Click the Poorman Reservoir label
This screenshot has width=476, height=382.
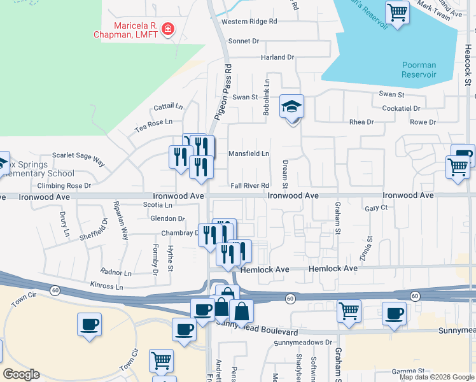[x=419, y=69]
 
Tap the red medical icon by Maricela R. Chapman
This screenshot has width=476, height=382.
[x=168, y=29]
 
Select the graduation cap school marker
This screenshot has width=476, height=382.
[x=292, y=106]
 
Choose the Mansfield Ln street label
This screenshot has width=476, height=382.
[x=249, y=153]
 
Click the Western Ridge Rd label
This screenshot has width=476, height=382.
[x=249, y=21]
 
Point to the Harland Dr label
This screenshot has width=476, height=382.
[x=277, y=57]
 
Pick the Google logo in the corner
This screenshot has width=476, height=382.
[x=21, y=374]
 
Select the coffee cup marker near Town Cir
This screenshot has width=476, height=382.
[x=89, y=324]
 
